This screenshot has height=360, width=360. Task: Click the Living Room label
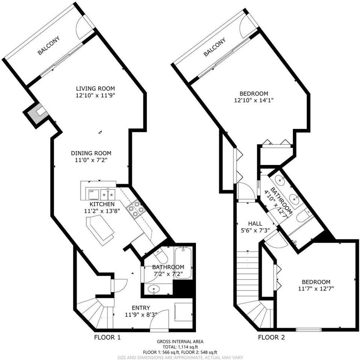click(x=95, y=88)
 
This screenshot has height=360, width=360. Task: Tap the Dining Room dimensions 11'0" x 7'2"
click(x=91, y=160)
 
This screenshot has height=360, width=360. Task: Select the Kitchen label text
click(x=101, y=204)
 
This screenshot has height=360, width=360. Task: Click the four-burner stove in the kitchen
click(x=136, y=208)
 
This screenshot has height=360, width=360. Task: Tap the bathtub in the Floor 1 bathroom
click(x=184, y=262)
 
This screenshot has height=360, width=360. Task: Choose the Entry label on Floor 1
click(x=141, y=308)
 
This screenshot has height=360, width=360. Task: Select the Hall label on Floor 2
click(x=255, y=223)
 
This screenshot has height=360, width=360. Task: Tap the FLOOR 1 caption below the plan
click(x=107, y=337)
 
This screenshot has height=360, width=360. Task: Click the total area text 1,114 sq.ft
click(x=180, y=347)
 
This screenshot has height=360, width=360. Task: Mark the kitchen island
click(x=100, y=230)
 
